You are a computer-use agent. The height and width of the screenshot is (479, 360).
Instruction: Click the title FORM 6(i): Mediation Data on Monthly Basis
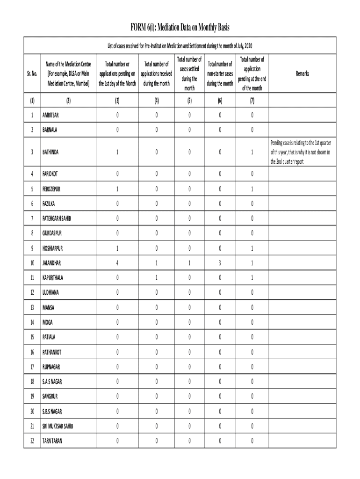(180, 28)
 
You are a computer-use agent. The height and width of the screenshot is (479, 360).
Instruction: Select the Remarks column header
(302, 74)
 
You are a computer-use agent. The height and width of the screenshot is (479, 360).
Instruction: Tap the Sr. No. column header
(32, 74)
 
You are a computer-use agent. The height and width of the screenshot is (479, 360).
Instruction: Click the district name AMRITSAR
(52, 115)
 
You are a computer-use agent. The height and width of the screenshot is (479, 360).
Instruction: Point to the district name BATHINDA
(51, 152)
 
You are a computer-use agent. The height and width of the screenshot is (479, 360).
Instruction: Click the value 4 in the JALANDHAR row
(117, 263)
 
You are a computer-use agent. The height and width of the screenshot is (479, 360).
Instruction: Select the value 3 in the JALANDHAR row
(220, 263)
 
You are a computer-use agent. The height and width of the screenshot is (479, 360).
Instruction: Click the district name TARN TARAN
(52, 441)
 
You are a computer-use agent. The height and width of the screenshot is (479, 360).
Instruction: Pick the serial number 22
(32, 441)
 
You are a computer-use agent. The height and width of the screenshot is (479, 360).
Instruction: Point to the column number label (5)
(189, 101)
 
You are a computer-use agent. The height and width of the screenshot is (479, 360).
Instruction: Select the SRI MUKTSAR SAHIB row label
(58, 426)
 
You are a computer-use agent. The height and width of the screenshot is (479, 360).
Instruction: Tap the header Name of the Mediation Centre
(68, 74)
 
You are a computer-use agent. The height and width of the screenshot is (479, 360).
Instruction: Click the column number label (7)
(252, 101)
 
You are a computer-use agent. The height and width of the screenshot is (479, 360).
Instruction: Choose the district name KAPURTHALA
(53, 278)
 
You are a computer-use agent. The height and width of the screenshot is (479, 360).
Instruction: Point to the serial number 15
(32, 337)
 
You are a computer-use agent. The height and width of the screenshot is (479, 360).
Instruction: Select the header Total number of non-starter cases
(220, 74)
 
